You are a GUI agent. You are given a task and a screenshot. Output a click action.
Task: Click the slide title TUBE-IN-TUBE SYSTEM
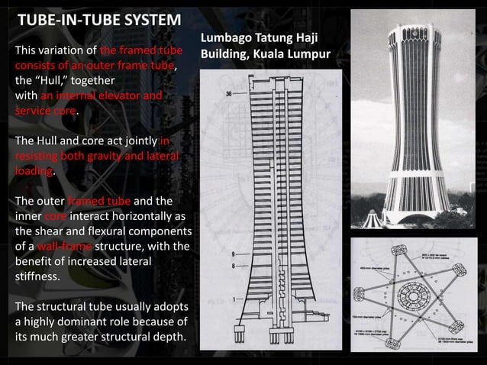99,19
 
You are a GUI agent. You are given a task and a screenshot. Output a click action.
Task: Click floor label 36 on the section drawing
230,93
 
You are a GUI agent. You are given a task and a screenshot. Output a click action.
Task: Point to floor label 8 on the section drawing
231,264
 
